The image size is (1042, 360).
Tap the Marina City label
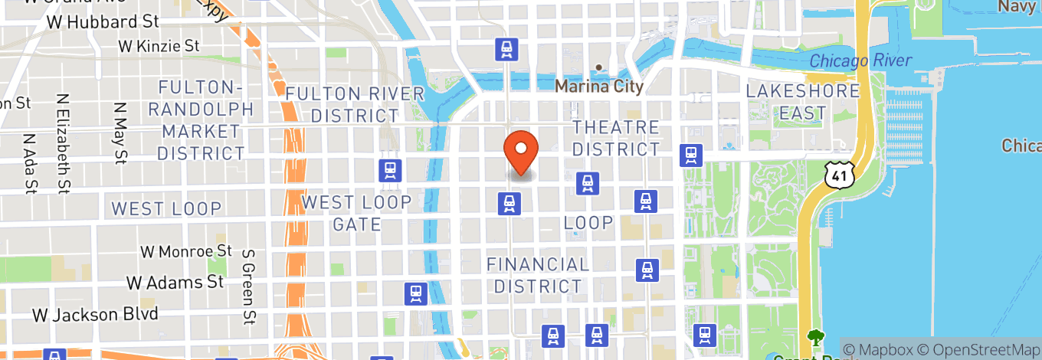coord(598,86)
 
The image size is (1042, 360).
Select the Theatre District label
coord(615,138)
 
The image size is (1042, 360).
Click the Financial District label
coord(538,275)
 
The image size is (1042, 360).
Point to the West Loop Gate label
coord(356,213)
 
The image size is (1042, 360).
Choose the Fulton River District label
coord(355,104)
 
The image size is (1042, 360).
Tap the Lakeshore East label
coord(803,102)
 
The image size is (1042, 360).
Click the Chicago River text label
coord(860,61)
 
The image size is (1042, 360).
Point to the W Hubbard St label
coord(102,22)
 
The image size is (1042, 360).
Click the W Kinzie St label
coord(159,46)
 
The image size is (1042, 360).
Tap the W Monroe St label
coord(185,251)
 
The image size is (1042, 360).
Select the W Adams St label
coord(175,283)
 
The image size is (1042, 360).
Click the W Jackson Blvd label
coord(95,314)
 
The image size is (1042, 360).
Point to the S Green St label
coord(247,285)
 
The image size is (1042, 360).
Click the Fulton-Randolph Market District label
coord(200,120)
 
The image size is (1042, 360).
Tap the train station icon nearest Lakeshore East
coord(691,155)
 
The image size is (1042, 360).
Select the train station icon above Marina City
coord(506,49)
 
